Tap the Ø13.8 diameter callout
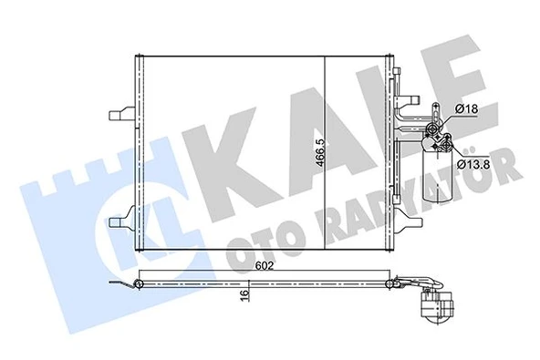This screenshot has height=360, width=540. (x=470, y=164)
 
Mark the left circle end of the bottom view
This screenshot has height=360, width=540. (x=140, y=286)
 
